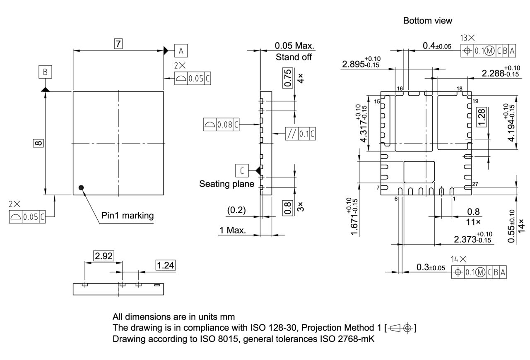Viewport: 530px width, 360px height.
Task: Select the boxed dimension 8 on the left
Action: (38, 143)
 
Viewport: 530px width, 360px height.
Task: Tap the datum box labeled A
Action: (181, 51)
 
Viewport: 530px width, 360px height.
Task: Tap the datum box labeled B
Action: (45, 72)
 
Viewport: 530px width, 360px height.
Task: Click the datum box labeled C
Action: (242, 170)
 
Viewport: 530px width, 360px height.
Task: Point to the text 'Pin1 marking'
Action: (127, 215)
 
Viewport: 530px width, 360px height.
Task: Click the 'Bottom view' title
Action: (428, 20)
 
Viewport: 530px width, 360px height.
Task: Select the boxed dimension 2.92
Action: (103, 256)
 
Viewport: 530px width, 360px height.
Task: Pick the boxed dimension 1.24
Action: (166, 265)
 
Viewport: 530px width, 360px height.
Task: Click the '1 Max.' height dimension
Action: (233, 230)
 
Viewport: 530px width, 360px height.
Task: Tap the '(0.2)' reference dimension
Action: (236, 210)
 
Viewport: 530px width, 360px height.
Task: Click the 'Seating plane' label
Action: (226, 184)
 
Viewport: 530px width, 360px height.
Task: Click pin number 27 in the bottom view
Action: (475, 185)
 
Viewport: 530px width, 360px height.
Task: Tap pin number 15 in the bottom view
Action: (377, 101)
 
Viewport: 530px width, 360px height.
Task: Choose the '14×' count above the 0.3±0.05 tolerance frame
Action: (458, 259)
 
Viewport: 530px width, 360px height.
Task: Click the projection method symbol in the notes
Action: (400, 328)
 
